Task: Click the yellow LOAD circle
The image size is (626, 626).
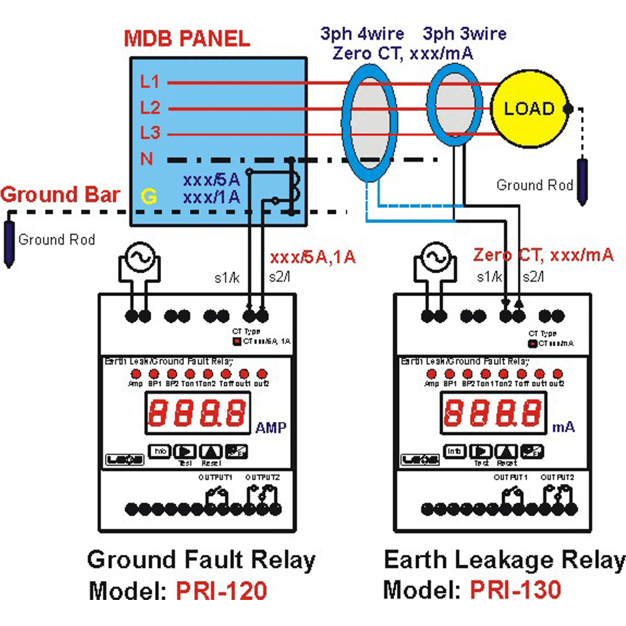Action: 529,109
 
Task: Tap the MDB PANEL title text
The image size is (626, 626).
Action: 186,38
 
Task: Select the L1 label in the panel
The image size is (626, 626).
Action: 149,83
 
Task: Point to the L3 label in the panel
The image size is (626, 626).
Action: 149,133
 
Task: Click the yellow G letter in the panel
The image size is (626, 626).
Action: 149,196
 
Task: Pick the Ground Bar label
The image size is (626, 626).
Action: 60,195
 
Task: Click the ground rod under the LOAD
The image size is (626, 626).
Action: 583,182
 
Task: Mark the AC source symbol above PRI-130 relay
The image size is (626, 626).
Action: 434,259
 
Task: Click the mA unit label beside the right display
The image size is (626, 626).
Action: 564,428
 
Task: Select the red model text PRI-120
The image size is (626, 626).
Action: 221,591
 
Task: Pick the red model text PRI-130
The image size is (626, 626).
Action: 515,590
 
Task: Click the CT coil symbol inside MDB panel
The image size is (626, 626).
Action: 295,184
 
